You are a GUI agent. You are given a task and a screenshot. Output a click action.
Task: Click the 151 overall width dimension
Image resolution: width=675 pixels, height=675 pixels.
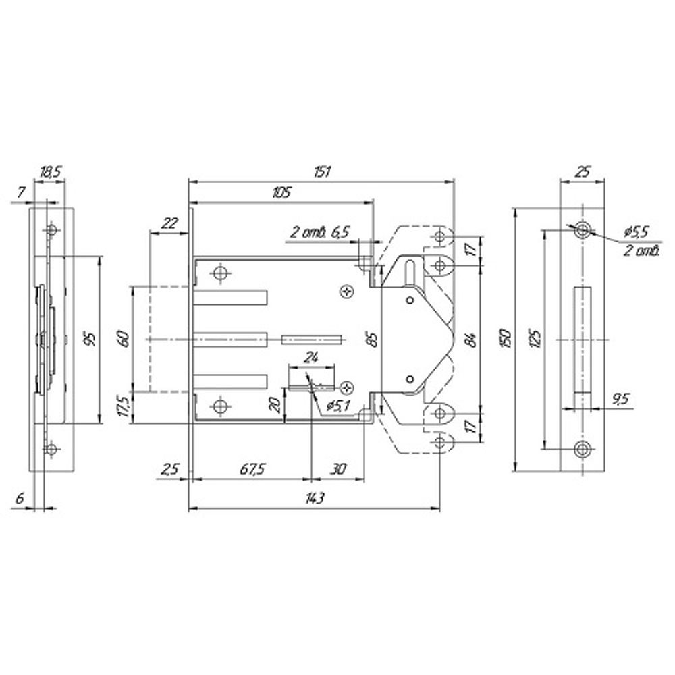322,171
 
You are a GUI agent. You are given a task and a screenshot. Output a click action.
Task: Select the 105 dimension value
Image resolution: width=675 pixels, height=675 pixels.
282,192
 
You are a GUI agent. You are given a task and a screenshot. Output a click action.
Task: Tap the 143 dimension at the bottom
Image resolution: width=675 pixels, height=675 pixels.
315,499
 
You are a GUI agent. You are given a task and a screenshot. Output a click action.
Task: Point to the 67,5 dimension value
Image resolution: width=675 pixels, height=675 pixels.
252,469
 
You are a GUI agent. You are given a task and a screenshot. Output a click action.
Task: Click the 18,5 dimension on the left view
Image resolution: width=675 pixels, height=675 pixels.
51,172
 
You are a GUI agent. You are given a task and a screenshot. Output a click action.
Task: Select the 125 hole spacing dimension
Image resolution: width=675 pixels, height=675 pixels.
535,340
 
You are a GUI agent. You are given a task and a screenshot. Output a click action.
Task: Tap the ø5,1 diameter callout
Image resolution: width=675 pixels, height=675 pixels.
339,406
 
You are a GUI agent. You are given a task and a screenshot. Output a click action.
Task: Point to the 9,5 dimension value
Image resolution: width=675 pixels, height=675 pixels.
620,399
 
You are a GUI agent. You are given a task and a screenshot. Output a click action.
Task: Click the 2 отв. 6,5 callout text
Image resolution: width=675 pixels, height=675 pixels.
319,233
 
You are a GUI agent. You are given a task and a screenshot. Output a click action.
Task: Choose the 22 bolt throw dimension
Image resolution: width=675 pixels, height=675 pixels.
169,223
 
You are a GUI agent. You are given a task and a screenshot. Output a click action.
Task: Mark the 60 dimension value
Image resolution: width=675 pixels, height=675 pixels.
123,338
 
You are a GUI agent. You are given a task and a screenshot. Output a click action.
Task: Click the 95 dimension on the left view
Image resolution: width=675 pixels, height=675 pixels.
91,339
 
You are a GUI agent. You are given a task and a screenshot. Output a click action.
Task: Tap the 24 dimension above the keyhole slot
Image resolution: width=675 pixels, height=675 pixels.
310,357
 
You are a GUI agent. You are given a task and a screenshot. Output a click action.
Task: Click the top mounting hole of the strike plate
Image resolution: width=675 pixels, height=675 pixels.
583,230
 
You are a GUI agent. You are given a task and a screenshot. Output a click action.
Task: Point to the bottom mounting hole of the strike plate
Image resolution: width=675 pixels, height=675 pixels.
583,450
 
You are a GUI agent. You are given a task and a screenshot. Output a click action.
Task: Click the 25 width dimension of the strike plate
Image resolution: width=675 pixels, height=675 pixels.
582,171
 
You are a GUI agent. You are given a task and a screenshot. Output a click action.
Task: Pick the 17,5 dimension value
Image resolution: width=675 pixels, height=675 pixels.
123,406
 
